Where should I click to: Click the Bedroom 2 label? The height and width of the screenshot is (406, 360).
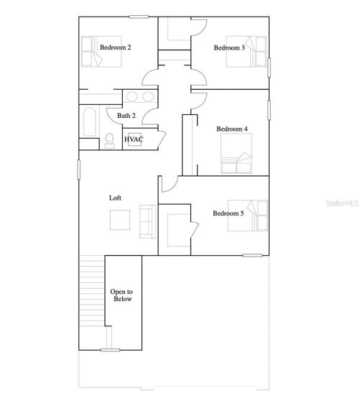pyautogui.click(x=115, y=47)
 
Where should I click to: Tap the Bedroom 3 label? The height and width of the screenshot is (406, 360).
pyautogui.click(x=229, y=47)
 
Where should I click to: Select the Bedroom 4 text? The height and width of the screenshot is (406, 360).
pyautogui.click(x=232, y=129)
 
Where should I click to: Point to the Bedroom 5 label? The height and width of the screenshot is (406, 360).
pyautogui.click(x=229, y=213)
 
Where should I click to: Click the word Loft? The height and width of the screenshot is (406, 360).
pyautogui.click(x=115, y=198)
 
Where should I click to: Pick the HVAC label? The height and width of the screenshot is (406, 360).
pyautogui.click(x=134, y=139)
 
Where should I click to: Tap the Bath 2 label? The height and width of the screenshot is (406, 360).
pyautogui.click(x=126, y=116)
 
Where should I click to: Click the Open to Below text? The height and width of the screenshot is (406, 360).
pyautogui.click(x=121, y=295)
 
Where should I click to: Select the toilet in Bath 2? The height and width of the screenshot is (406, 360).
pyautogui.click(x=109, y=140)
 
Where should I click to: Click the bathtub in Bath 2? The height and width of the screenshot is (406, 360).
pyautogui.click(x=90, y=121)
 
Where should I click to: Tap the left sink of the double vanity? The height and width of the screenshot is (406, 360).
pyautogui.click(x=131, y=96)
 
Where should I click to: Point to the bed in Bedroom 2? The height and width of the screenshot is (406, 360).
pyautogui.click(x=101, y=52)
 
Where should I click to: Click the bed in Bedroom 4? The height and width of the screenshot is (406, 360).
pyautogui.click(x=236, y=153)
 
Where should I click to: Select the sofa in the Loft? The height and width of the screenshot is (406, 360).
pyautogui.click(x=147, y=221)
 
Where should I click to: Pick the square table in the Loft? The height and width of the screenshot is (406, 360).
pyautogui.click(x=120, y=220)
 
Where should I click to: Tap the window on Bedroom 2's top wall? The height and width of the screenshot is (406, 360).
pyautogui.click(x=139, y=17)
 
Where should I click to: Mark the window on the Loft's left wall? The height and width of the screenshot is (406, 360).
pyautogui.click(x=79, y=170)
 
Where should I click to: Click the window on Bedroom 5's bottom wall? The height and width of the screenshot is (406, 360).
pyautogui.click(x=252, y=256)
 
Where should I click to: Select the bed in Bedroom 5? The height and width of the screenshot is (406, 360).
pyautogui.click(x=248, y=216)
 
